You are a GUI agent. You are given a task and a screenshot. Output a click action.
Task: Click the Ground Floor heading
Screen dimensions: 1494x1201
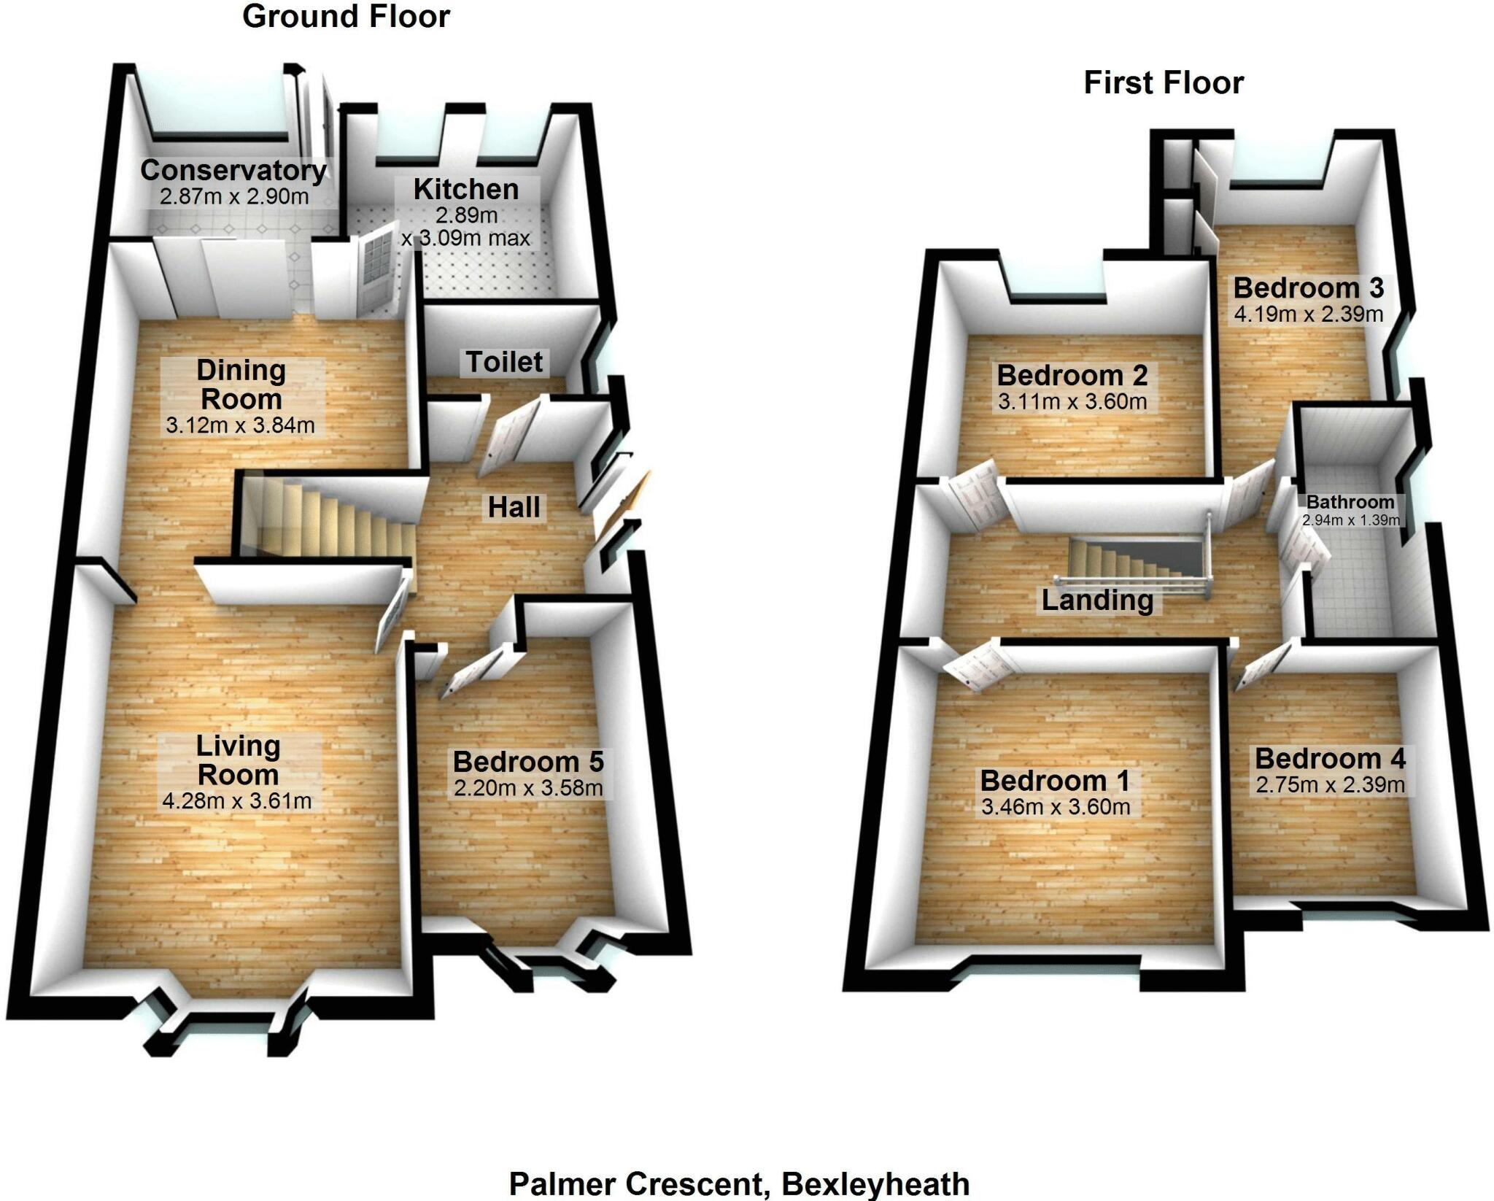click(x=346, y=17)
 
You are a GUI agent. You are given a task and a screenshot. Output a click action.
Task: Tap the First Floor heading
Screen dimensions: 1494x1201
click(x=1164, y=82)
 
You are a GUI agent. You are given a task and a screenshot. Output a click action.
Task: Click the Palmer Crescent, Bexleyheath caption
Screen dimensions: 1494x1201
click(x=739, y=1183)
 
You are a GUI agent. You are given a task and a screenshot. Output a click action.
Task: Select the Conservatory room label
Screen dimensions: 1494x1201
click(x=233, y=170)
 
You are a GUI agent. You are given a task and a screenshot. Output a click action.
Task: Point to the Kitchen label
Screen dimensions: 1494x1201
click(x=466, y=189)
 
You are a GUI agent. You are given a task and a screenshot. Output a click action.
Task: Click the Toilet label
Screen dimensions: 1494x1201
click(x=505, y=362)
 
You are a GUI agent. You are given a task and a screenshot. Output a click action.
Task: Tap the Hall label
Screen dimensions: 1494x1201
click(x=514, y=507)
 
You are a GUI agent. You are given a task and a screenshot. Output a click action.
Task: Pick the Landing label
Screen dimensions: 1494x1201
click(x=1097, y=600)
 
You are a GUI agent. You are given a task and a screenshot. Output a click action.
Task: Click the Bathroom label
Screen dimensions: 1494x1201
click(x=1350, y=502)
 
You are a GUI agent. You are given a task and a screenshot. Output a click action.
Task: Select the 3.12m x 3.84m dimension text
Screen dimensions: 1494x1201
click(x=240, y=425)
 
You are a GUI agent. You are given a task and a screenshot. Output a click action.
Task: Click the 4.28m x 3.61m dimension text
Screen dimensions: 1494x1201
click(x=237, y=801)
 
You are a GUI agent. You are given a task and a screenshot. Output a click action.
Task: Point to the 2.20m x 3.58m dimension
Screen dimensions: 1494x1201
click(x=528, y=788)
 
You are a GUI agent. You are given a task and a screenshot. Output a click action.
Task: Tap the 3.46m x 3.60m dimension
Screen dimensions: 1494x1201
click(x=1056, y=807)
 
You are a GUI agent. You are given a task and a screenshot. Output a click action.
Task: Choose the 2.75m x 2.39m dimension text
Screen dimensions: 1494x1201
click(x=1330, y=785)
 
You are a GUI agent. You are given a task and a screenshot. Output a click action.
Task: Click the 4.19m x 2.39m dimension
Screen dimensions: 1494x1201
click(x=1309, y=314)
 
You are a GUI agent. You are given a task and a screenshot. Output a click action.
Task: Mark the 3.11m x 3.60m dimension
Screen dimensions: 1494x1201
click(x=1072, y=402)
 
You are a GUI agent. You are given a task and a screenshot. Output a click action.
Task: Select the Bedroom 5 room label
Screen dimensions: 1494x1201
click(x=528, y=762)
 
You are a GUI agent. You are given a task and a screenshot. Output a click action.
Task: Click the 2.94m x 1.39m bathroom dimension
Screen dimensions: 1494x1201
click(x=1351, y=520)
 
